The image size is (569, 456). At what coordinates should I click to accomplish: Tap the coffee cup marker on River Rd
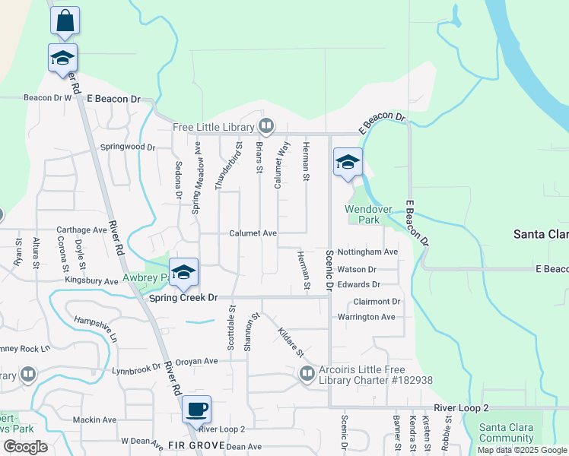[196, 410]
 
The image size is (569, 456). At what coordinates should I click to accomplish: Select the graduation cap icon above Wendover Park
[348, 161]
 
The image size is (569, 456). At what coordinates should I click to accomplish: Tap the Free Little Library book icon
[266, 125]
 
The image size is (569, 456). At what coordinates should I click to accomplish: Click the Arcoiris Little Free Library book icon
[307, 373]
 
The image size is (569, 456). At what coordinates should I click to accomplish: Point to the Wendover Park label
[362, 214]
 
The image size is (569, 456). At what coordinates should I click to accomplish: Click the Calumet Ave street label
[253, 233]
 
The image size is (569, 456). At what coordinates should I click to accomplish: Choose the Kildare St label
[291, 343]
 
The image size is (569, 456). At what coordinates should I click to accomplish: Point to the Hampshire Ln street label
[96, 328]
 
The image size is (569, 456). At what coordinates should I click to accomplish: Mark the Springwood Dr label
[128, 147]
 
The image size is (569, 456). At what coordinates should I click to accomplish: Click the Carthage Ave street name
[83, 230]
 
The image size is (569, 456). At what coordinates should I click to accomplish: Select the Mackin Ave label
[94, 420]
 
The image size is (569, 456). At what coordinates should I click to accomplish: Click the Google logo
[25, 447]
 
